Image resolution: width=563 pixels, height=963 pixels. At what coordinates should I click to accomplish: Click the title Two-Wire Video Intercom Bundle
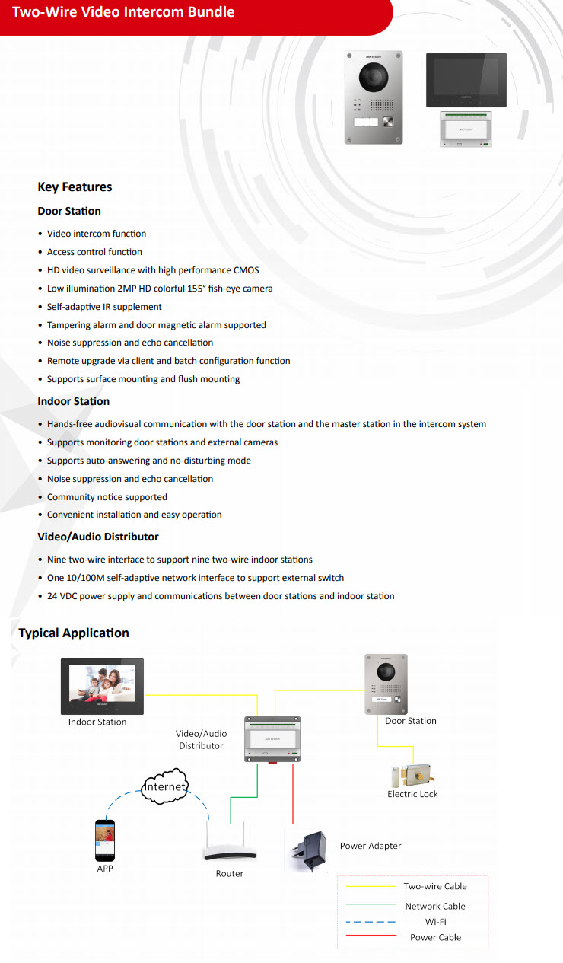[123, 12]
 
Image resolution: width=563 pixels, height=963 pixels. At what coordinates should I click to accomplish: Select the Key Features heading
[75, 187]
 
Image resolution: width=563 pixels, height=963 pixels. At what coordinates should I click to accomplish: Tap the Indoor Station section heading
[73, 401]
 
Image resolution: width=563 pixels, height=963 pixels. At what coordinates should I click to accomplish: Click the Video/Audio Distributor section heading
[98, 537]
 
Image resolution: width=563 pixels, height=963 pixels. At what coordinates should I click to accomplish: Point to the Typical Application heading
[74, 633]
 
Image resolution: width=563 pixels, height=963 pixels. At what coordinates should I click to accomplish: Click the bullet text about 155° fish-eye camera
[160, 289]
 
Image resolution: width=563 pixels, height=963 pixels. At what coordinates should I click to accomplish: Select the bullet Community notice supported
[107, 497]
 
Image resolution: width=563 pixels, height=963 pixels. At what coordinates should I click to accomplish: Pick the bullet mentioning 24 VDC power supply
[221, 596]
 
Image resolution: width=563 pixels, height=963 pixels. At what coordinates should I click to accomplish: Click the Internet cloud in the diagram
[164, 787]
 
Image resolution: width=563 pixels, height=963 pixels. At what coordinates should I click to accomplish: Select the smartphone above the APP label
[105, 840]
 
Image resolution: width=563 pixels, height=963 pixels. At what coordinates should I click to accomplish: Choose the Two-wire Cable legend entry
[435, 886]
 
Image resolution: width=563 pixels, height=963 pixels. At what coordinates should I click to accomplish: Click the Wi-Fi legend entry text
[435, 922]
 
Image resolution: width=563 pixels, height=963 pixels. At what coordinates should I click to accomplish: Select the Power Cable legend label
[435, 937]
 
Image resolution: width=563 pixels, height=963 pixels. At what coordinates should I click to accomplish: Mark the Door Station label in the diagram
[411, 721]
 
